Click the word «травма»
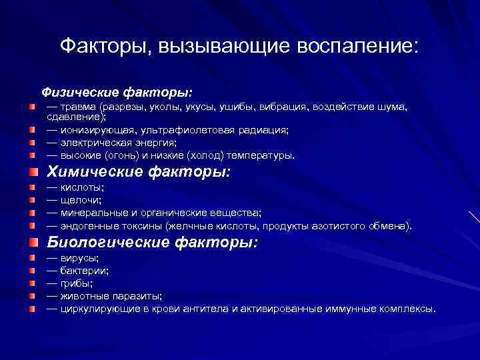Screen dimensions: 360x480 [79, 107]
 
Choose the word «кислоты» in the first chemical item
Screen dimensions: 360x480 [81, 188]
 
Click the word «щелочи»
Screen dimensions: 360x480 [81, 200]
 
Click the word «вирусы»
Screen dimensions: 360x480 [79, 258]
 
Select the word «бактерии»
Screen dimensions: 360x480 [85, 271]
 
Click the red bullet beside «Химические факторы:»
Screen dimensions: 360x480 [33, 172]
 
